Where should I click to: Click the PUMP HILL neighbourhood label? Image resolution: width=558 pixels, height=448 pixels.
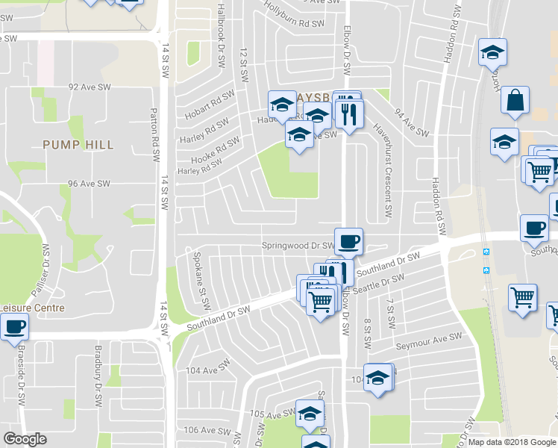(x=78, y=144)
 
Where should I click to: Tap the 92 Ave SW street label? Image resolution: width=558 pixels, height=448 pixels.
(x=90, y=87)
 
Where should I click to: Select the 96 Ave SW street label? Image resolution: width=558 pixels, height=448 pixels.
(x=89, y=183)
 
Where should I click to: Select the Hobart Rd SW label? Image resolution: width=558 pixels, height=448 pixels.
(x=207, y=105)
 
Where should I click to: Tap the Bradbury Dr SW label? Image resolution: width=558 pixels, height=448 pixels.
(x=98, y=371)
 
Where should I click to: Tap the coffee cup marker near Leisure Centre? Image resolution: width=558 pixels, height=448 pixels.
(x=14, y=326)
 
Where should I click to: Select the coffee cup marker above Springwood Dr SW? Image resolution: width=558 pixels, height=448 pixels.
(x=348, y=241)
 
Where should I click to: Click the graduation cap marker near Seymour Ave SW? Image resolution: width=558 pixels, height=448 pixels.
(x=377, y=377)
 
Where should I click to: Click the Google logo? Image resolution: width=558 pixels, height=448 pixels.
(x=25, y=440)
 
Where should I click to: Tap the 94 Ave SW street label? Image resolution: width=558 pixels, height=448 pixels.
(x=412, y=123)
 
